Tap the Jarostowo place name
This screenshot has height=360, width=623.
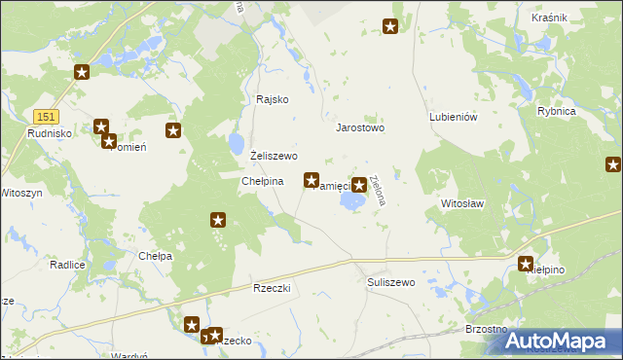[360, 127]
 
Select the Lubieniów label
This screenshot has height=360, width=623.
[453, 117]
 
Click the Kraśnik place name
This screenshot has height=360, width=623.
[550, 18]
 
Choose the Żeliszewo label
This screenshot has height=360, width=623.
[274, 156]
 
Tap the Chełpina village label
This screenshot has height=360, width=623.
[262, 181]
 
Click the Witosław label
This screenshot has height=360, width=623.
[462, 204]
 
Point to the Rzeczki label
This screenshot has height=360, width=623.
[274, 289]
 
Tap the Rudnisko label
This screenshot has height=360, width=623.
[46, 133]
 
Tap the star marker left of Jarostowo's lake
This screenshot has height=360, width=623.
[311, 180]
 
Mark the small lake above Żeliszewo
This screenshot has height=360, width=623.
[237, 145]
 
